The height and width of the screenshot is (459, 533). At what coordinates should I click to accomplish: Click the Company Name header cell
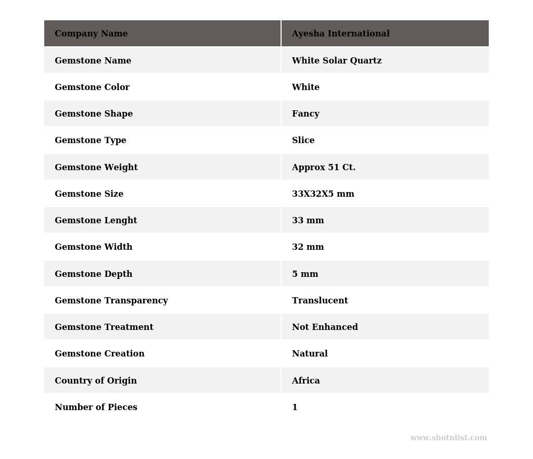91,34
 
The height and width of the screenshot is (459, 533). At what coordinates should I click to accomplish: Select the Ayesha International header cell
340,34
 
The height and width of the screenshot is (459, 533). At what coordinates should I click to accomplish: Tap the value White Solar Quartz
336,61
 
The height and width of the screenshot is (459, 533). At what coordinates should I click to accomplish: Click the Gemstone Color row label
92,87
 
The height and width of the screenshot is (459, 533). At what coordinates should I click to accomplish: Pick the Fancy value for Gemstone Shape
306,114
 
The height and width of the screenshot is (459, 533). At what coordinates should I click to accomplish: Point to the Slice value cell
303,141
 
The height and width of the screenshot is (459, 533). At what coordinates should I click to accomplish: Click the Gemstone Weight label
96,168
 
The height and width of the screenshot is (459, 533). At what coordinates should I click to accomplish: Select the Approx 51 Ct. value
323,168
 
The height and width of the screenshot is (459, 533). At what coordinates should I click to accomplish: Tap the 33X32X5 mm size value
323,194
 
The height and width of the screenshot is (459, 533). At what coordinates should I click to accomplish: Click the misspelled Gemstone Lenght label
96,221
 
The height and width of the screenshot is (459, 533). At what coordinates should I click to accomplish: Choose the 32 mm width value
308,247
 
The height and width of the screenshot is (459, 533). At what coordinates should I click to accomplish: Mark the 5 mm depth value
305,274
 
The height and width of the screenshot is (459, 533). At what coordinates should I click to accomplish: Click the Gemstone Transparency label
111,301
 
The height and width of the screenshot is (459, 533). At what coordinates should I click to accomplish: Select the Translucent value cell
320,301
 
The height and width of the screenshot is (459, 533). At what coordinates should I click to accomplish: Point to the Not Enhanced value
325,327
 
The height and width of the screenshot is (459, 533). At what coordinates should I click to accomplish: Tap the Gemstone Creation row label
99,354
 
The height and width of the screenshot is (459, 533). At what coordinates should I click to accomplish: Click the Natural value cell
310,354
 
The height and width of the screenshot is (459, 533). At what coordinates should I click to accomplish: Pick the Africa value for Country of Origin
306,381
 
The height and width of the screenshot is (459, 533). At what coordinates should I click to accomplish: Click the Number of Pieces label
96,407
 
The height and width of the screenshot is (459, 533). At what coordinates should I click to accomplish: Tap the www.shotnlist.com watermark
448,438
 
